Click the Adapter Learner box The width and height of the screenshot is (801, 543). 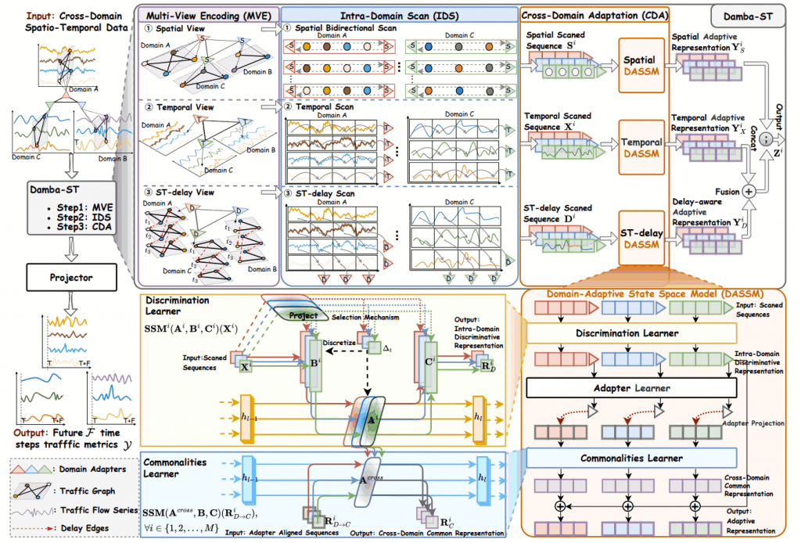tap(632, 387)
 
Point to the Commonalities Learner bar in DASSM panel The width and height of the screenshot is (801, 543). tap(632, 458)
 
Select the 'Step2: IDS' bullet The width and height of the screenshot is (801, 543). tap(63, 217)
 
